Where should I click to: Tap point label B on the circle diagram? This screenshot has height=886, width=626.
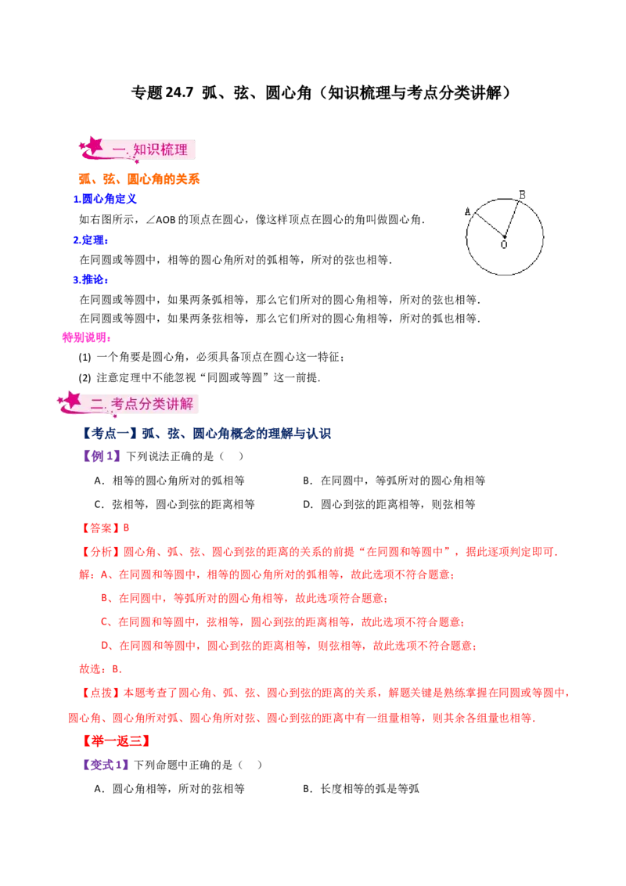pyautogui.click(x=522, y=195)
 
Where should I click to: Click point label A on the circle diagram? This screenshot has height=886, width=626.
pyautogui.click(x=468, y=212)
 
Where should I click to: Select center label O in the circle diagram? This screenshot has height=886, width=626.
pyautogui.click(x=504, y=245)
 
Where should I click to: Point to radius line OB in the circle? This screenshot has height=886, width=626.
pyautogui.click(x=511, y=218)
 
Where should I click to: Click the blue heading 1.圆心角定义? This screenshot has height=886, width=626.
pyautogui.click(x=105, y=199)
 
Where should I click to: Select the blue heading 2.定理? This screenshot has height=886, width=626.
pyautogui.click(x=91, y=240)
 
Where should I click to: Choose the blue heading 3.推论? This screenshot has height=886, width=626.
pyautogui.click(x=91, y=279)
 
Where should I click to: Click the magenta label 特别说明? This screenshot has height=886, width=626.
pyautogui.click(x=86, y=337)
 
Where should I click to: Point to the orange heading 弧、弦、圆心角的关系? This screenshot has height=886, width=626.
pyautogui.click(x=139, y=179)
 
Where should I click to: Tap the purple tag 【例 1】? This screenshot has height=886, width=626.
pyautogui.click(x=102, y=456)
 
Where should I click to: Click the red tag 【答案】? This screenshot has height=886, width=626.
pyautogui.click(x=99, y=528)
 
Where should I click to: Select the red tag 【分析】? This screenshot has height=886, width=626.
pyautogui.click(x=99, y=552)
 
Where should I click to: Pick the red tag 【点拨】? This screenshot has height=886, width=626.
pyautogui.click(x=99, y=693)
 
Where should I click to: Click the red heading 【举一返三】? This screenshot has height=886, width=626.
pyautogui.click(x=116, y=740)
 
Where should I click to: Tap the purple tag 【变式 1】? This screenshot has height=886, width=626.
pyautogui.click(x=106, y=765)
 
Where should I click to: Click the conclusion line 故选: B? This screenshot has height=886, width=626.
pyautogui.click(x=101, y=669)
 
